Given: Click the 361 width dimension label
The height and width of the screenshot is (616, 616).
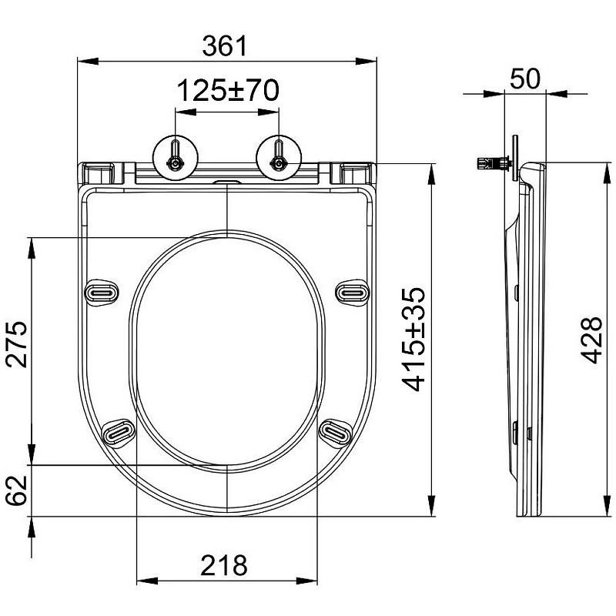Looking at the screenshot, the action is tap(225, 46).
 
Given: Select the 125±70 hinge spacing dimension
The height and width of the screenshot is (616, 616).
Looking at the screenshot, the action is tap(228, 90).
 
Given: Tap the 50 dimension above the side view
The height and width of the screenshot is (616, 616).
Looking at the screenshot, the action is tap(525, 79).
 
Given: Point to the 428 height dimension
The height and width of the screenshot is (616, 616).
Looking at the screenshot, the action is tap(591, 340).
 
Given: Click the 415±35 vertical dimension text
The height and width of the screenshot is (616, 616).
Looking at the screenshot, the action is tap(414, 340).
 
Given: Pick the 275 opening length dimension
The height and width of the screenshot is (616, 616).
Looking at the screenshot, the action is tap(16, 344).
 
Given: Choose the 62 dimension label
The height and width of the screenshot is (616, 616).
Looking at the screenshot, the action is tap(16, 490).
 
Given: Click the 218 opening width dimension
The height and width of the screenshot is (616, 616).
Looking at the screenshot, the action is tap(224, 566).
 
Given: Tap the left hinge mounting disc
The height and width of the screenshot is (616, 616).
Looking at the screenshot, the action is tap(176, 158).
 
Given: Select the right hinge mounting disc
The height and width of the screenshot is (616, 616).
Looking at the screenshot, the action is tap(279, 158).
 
